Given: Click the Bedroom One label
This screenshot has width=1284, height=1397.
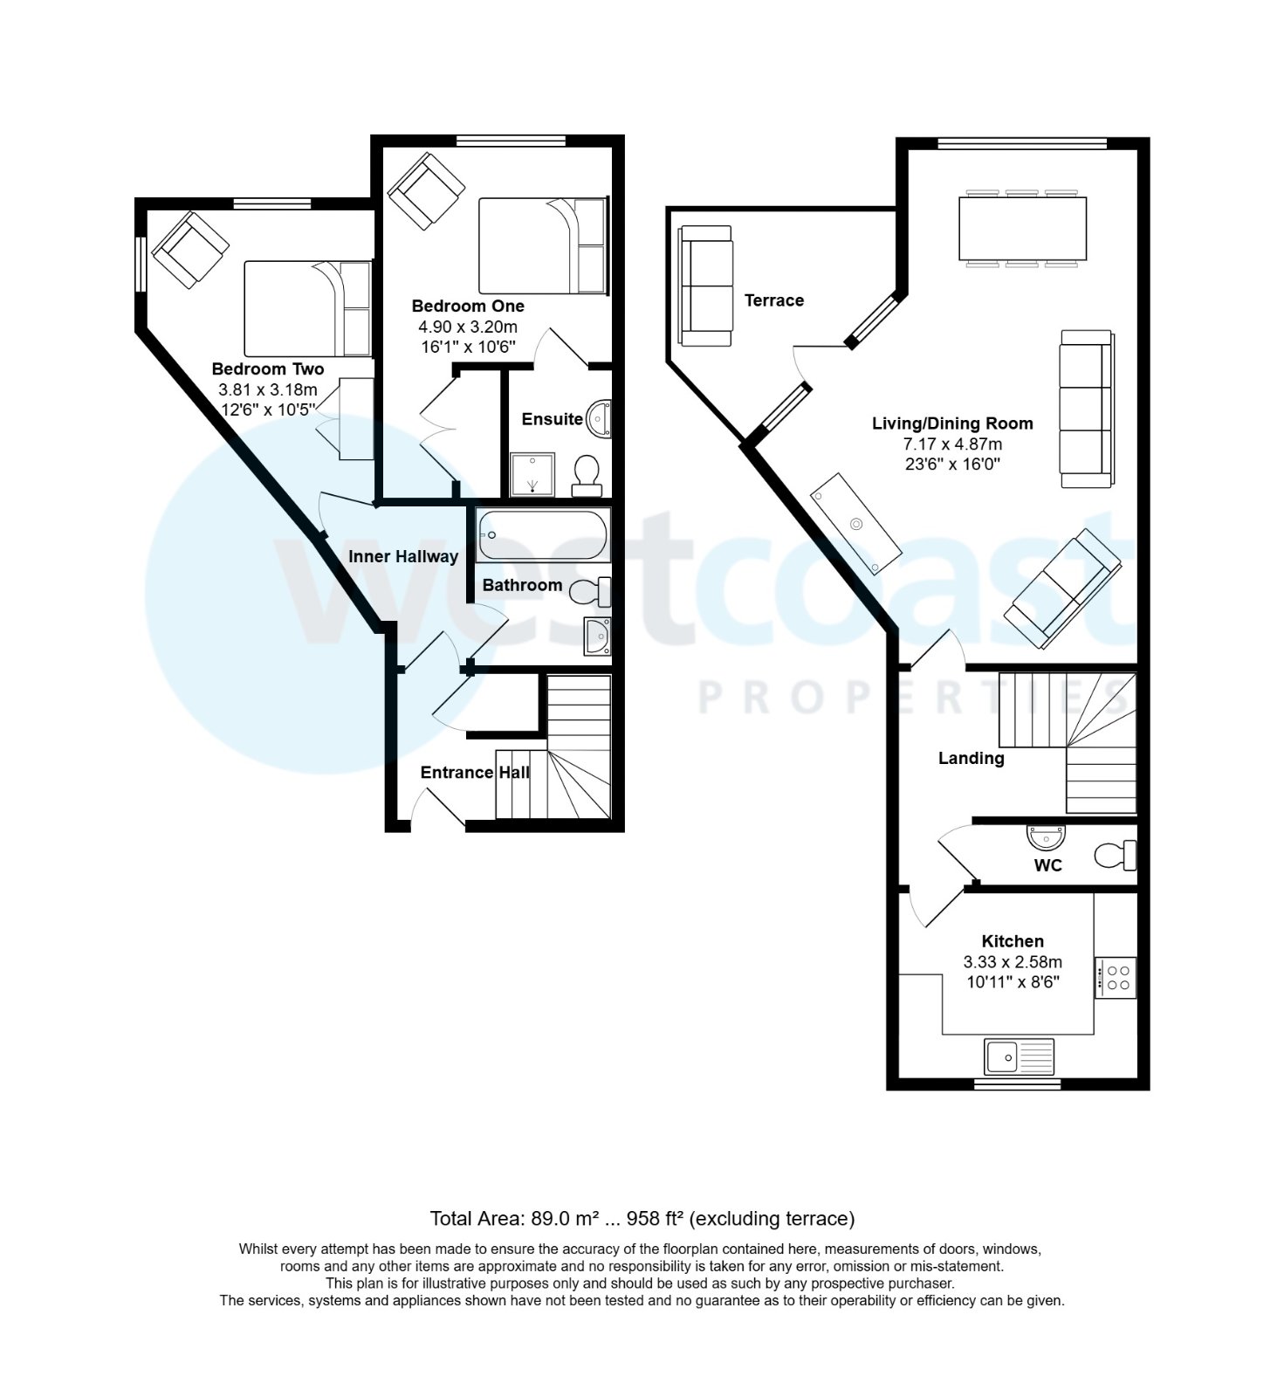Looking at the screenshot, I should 468,306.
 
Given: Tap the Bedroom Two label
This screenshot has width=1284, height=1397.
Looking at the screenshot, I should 268,369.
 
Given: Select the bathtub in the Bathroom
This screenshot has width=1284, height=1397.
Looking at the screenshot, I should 543,534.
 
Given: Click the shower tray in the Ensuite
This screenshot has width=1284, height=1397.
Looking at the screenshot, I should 532,474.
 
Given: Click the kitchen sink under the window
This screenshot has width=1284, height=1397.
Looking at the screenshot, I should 1019,1056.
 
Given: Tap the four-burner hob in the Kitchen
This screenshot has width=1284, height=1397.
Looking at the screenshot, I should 1116,977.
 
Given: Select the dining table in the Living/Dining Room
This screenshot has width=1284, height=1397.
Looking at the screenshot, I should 1022,229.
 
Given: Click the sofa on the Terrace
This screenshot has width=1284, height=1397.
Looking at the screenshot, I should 705,285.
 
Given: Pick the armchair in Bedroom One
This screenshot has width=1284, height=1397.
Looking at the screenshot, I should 426,190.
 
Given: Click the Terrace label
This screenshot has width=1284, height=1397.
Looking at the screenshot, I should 774,301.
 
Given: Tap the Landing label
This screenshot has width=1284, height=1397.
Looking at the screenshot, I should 971,759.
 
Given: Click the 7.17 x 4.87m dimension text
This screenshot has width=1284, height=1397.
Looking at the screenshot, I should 952,444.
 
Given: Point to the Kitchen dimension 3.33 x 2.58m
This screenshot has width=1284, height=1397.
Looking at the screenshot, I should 1013,962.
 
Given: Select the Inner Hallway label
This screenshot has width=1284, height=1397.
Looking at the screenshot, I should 403,557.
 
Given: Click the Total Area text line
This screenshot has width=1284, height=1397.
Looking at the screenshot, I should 642,1219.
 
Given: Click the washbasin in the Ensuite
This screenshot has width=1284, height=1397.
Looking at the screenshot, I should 601,419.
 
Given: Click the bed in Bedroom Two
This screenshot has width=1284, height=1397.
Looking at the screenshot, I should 307,308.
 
